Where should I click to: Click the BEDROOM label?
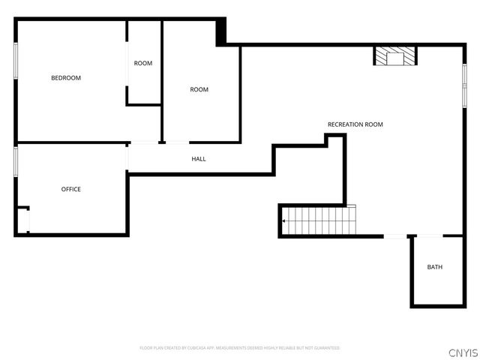click(x=66, y=78)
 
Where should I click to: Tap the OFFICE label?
click(x=71, y=189)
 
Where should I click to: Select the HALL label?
click(x=199, y=159)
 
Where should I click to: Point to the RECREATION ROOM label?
click(x=355, y=124)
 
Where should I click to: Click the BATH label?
click(x=435, y=267)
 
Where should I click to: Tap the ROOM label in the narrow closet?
click(x=143, y=63)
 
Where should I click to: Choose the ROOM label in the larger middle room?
click(x=199, y=90)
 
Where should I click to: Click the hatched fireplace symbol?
click(x=395, y=56)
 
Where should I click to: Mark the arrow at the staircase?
click(x=285, y=221)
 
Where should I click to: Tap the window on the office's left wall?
click(x=16, y=161)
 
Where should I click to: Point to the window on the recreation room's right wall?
click(x=464, y=85)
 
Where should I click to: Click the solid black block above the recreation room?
click(x=220, y=32)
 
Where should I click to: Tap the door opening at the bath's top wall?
click(x=428, y=236)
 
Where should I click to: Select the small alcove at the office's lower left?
click(x=22, y=220)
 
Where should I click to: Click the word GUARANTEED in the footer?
click(x=326, y=348)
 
